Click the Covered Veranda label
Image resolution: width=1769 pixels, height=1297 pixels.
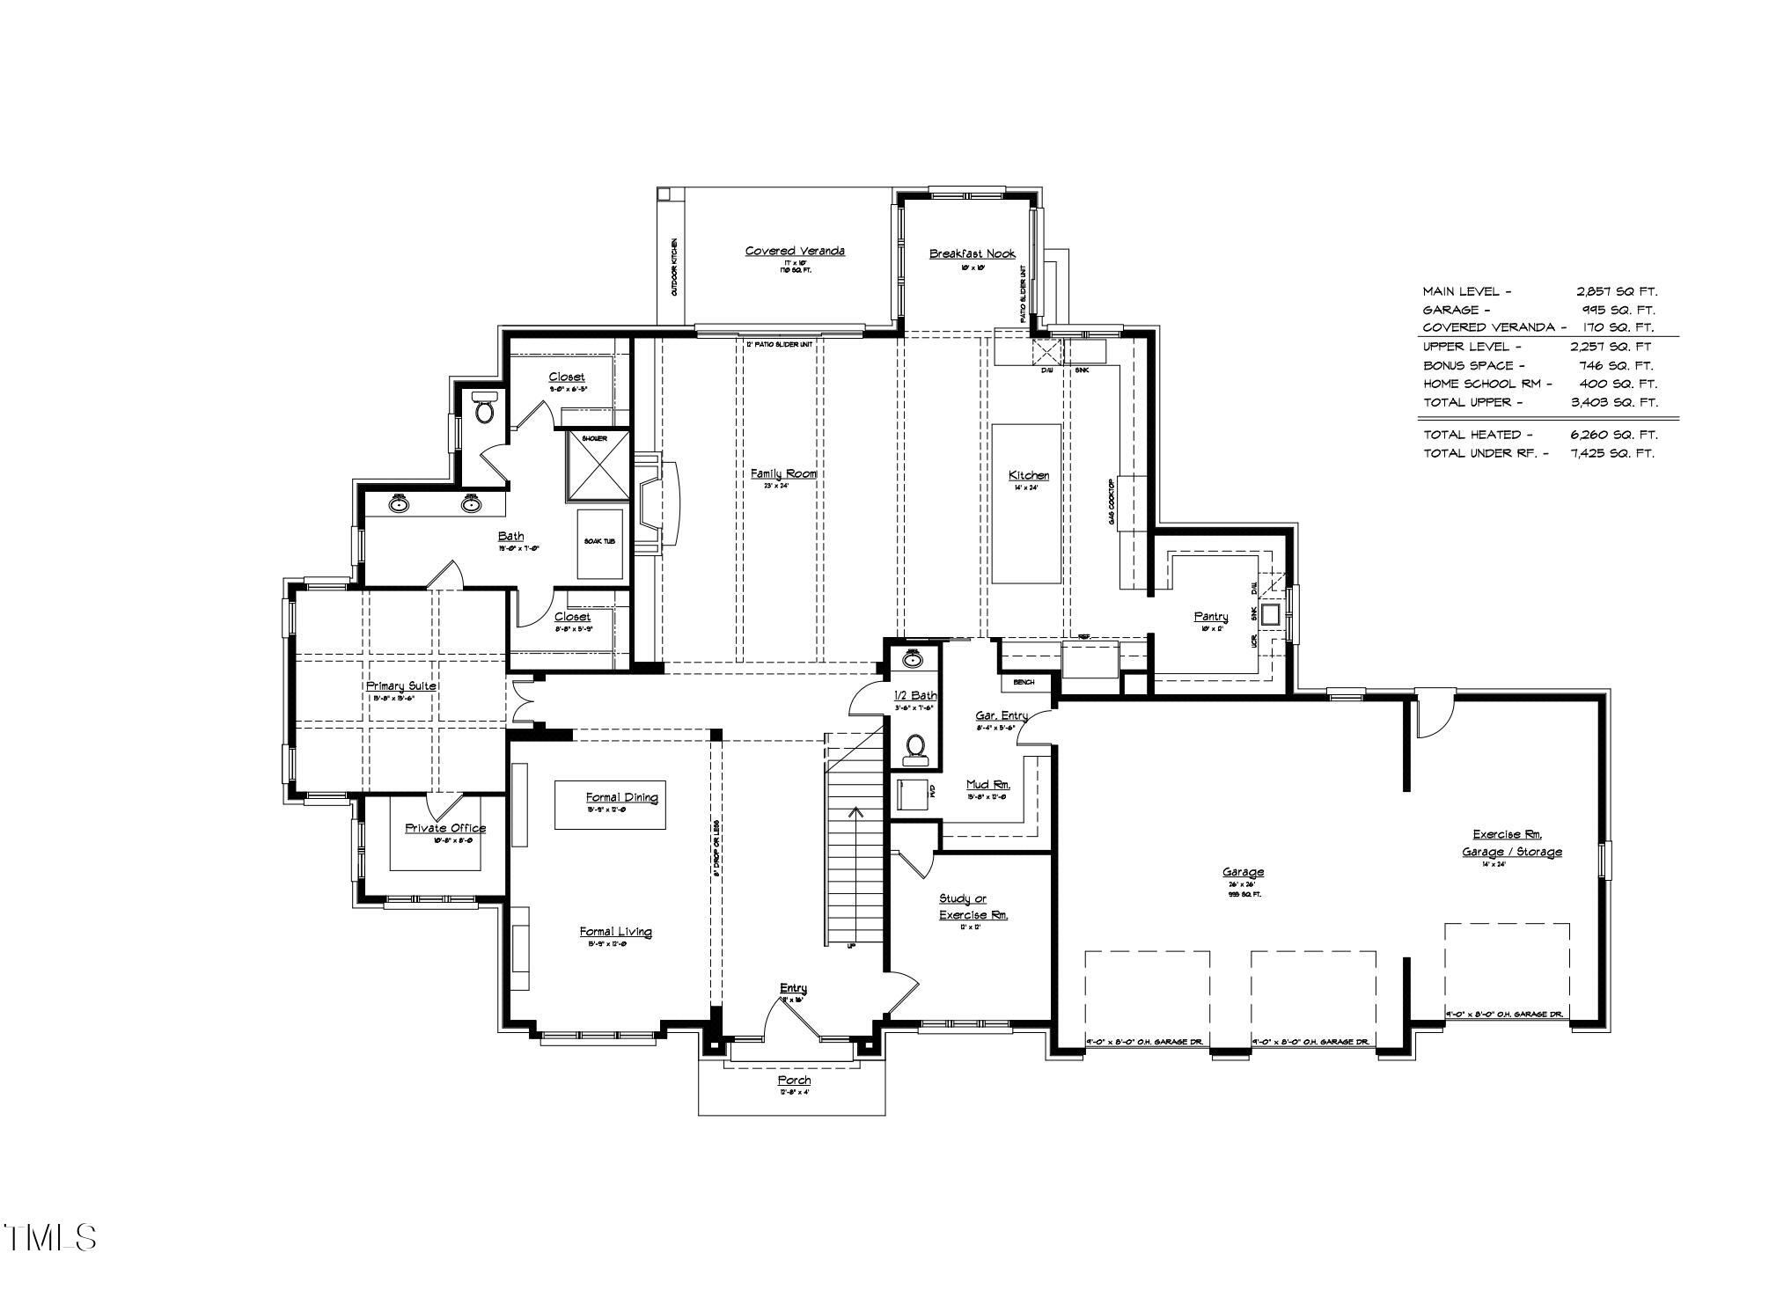click(x=794, y=252)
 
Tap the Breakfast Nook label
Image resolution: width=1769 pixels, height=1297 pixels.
click(x=972, y=254)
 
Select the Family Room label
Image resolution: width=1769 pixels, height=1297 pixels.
click(x=783, y=474)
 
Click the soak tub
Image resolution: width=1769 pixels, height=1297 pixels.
click(x=600, y=543)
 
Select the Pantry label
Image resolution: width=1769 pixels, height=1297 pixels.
click(x=1210, y=617)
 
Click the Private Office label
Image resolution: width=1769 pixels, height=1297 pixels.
click(x=444, y=829)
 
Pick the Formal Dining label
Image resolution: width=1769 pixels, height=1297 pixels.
click(x=621, y=798)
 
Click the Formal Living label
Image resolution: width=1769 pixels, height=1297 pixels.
click(x=615, y=932)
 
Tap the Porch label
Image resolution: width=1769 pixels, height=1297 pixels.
click(x=794, y=1081)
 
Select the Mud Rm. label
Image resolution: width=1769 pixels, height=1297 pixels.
click(x=987, y=785)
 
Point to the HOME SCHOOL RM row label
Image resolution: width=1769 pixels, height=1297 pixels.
click(x=1486, y=384)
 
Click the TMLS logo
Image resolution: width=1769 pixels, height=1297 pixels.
click(x=49, y=1238)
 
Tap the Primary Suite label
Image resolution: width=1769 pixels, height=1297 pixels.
click(x=400, y=686)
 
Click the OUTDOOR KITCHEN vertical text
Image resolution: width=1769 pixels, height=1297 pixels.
click(x=675, y=267)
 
